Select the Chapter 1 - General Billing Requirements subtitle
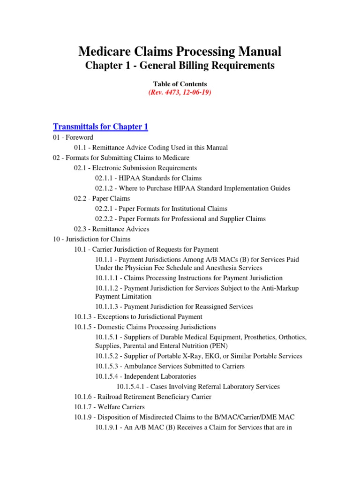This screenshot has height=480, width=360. [180, 66]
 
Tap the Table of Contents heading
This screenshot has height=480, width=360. [180, 84]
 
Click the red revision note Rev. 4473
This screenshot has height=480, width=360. [180, 92]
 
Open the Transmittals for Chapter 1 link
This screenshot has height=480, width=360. [100, 127]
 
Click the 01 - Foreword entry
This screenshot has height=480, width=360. [73, 137]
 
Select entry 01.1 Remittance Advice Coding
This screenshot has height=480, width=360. [150, 148]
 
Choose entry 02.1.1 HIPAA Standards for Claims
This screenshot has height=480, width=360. [148, 178]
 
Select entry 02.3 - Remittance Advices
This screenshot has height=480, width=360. [111, 229]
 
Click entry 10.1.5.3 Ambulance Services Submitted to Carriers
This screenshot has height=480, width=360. [170, 366]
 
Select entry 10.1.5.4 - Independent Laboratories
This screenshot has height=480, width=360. [145, 376]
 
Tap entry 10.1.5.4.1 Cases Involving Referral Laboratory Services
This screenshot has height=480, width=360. [198, 387]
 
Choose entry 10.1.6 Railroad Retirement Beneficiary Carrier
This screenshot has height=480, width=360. [142, 397]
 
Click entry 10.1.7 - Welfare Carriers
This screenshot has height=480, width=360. [109, 407]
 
